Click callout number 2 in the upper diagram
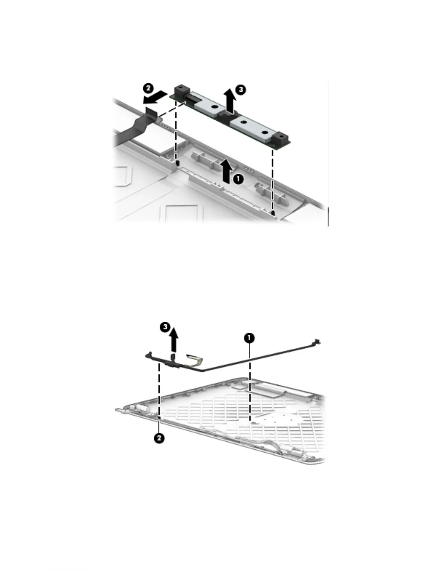(x=148, y=88)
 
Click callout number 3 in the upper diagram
(x=240, y=89)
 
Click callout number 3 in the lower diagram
(x=165, y=327)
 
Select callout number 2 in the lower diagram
(x=159, y=438)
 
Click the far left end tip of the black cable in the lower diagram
(x=149, y=353)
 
